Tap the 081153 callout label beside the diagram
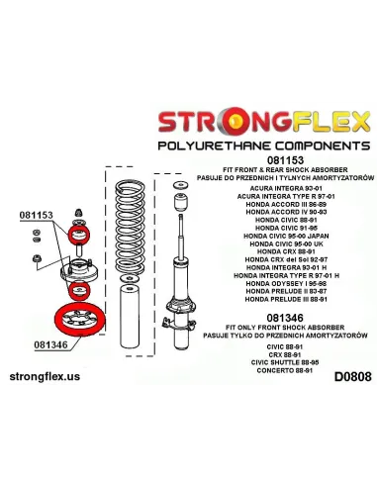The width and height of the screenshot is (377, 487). [x=35, y=214]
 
